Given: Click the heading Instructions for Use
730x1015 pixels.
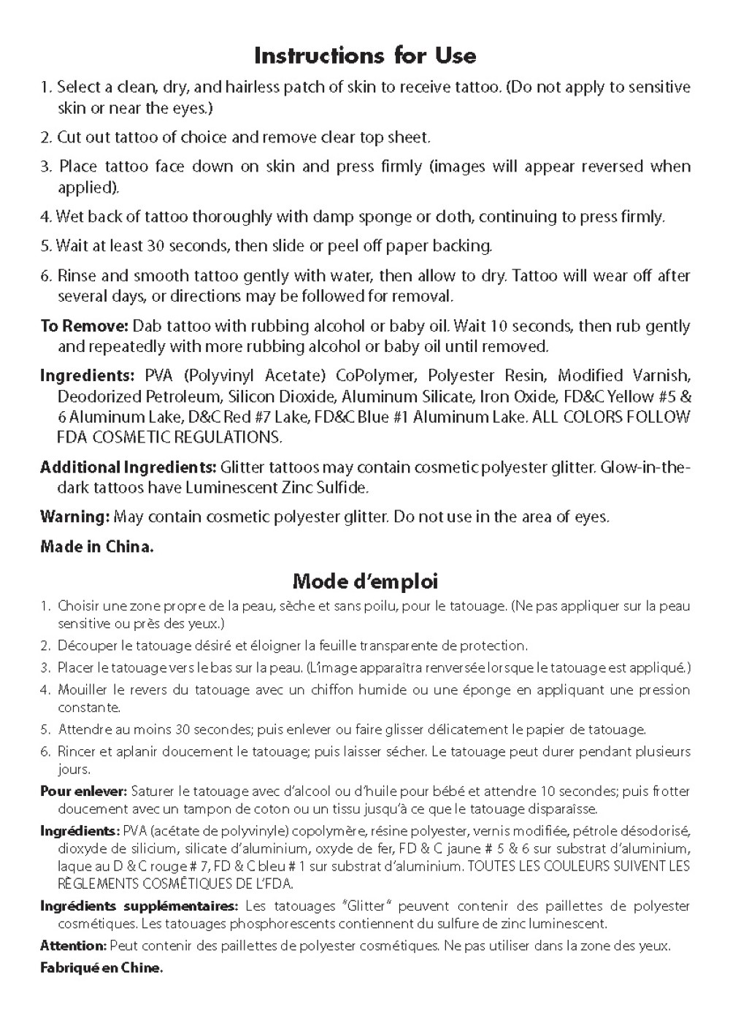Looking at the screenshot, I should (x=365, y=55).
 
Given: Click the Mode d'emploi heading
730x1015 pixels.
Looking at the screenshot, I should (x=365, y=581).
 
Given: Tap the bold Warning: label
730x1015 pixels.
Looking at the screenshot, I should (x=74, y=517).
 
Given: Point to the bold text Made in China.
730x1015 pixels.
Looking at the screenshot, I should (x=97, y=546).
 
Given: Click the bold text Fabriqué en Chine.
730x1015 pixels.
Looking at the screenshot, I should (x=101, y=968).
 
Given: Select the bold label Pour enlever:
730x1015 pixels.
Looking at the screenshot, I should (x=84, y=791).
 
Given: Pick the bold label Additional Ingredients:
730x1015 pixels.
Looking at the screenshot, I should (x=128, y=467).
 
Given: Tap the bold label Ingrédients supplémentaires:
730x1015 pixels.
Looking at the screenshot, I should (x=139, y=906).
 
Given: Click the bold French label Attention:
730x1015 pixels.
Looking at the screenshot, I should (x=73, y=946).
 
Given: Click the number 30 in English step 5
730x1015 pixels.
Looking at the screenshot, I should (x=156, y=246).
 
